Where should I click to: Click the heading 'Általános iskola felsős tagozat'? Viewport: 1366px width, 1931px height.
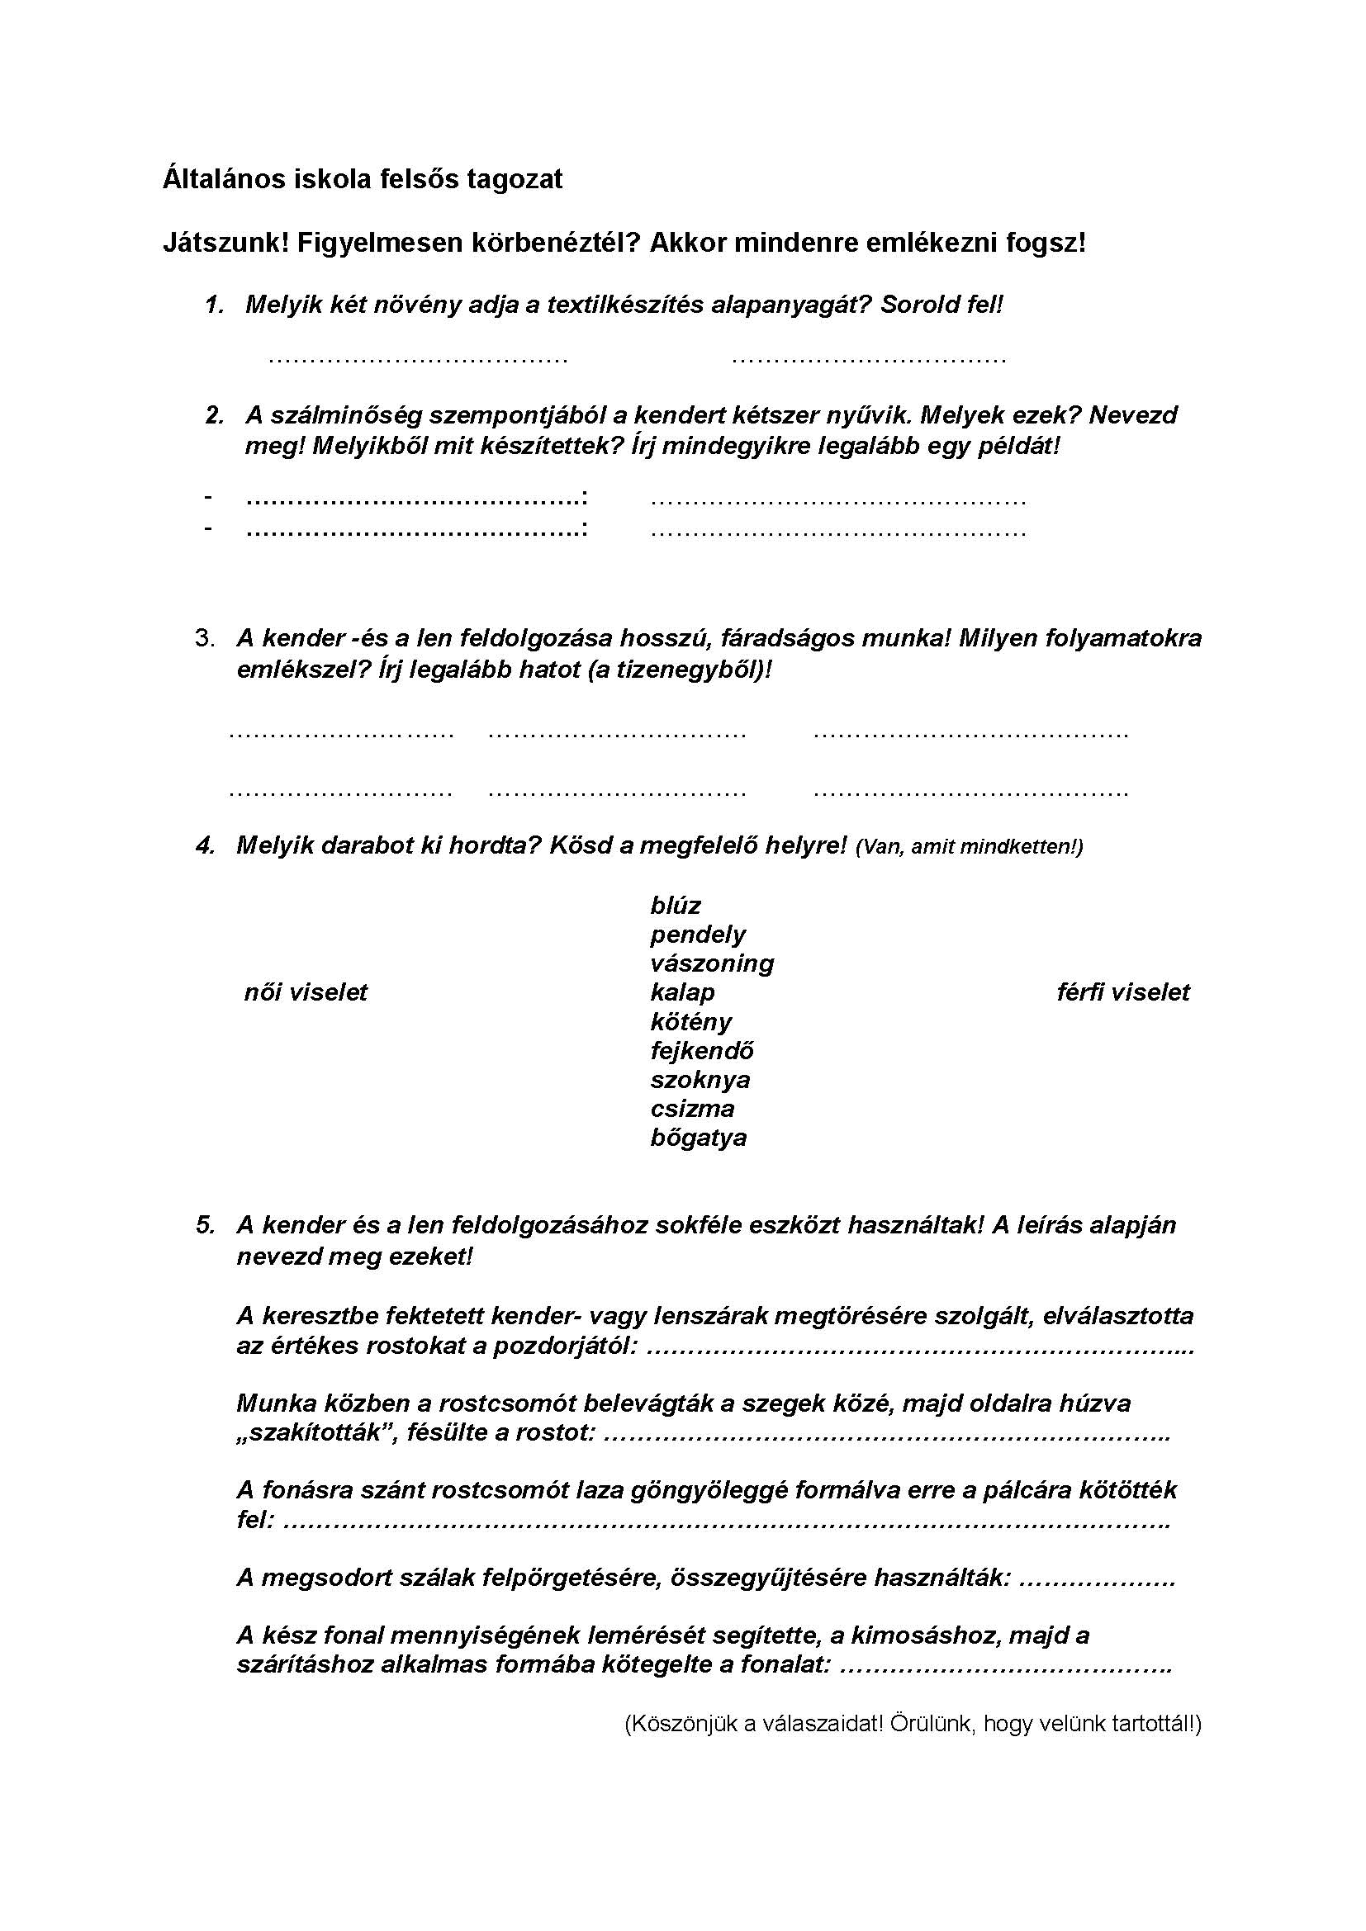pos(363,179)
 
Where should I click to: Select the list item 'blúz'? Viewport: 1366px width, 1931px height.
pos(676,906)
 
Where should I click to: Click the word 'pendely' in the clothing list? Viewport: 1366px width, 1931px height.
pos(697,935)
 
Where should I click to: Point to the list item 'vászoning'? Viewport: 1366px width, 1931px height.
pos(712,963)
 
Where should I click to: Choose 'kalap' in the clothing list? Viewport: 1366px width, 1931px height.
pos(682,992)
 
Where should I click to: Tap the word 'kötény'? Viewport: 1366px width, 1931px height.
pos(690,1022)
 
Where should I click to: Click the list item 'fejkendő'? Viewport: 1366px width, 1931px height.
pos(701,1050)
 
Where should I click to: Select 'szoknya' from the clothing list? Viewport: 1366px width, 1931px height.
pos(700,1080)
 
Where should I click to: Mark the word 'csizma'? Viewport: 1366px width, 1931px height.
pos(692,1109)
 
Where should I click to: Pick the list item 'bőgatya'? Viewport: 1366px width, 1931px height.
pos(698,1138)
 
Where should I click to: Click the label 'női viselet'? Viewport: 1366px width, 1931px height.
pos(306,992)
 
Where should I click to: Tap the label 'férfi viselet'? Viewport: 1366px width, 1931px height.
pos(1123,992)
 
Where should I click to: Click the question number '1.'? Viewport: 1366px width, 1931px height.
pos(215,305)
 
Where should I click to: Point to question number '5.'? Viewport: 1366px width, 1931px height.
pos(206,1224)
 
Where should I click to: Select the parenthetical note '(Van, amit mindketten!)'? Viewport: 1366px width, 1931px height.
pos(969,847)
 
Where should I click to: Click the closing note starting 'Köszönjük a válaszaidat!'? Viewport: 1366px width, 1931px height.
pos(913,1725)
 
